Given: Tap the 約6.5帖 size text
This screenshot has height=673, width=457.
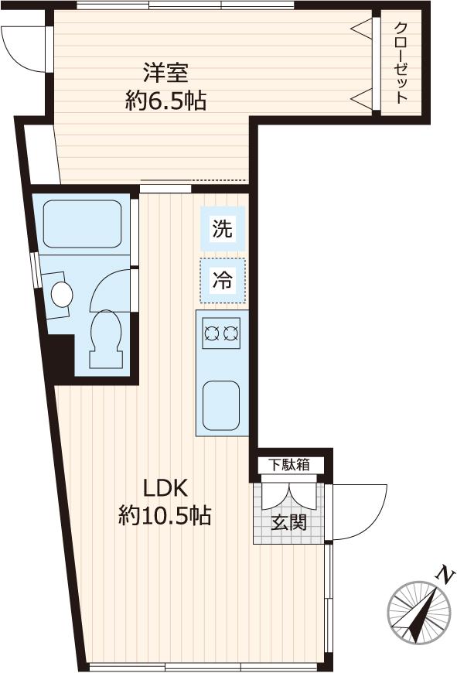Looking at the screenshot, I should [165, 101].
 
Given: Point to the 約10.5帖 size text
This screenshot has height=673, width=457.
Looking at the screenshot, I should [165, 515].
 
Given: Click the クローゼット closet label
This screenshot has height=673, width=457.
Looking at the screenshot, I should [401, 63].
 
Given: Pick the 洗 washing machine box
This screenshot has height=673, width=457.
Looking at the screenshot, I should [223, 229].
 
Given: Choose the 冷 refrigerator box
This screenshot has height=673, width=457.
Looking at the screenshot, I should [223, 281].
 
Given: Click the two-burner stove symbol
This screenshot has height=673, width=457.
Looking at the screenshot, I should [221, 333].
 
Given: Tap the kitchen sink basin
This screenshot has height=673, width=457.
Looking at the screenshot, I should [221, 405].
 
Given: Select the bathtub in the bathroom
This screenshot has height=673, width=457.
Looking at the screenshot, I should [82, 223].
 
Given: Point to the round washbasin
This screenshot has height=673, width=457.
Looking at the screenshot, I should [62, 293].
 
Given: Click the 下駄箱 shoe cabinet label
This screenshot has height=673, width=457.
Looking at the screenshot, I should [289, 465].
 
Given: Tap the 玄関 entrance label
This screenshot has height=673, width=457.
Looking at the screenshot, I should [288, 522].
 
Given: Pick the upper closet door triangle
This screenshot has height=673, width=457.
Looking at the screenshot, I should [362, 29].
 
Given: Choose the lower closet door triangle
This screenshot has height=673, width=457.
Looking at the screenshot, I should [362, 98].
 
